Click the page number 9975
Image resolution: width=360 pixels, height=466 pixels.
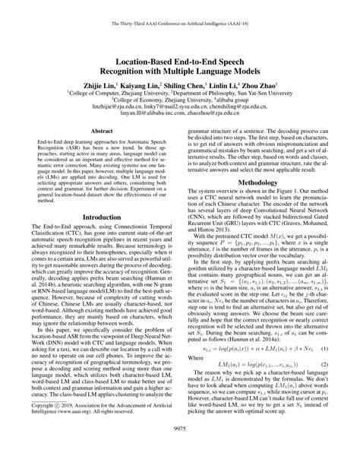pos(180,450)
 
